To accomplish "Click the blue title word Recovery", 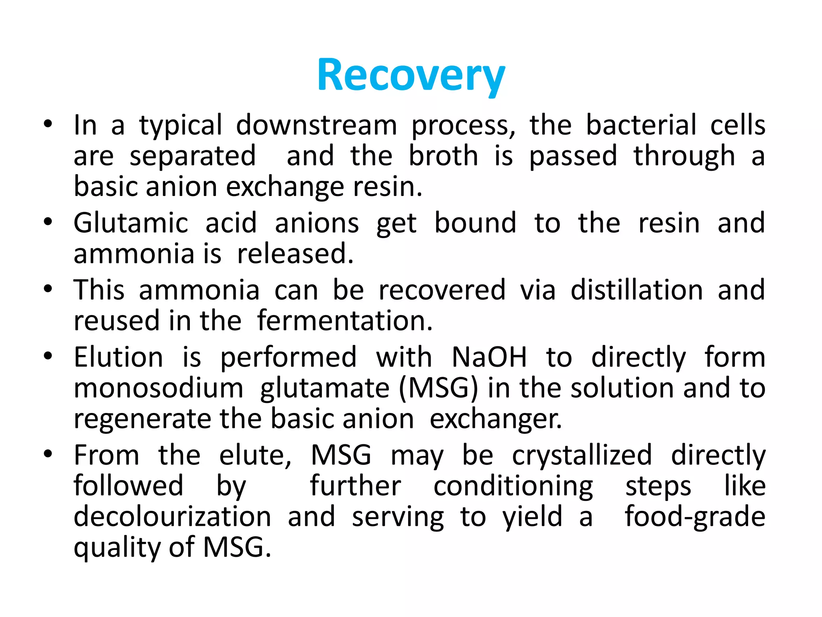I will pos(411,76).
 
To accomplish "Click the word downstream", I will pos(316,125).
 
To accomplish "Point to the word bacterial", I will pos(641,125).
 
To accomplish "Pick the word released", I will pos(295,254).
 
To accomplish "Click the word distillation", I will pos(637,290).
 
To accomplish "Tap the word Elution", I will pos(118,357).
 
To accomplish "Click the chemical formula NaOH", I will pos(489,357).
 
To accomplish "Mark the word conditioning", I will pos(513,486).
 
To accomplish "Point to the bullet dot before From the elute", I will pos(48,454).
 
